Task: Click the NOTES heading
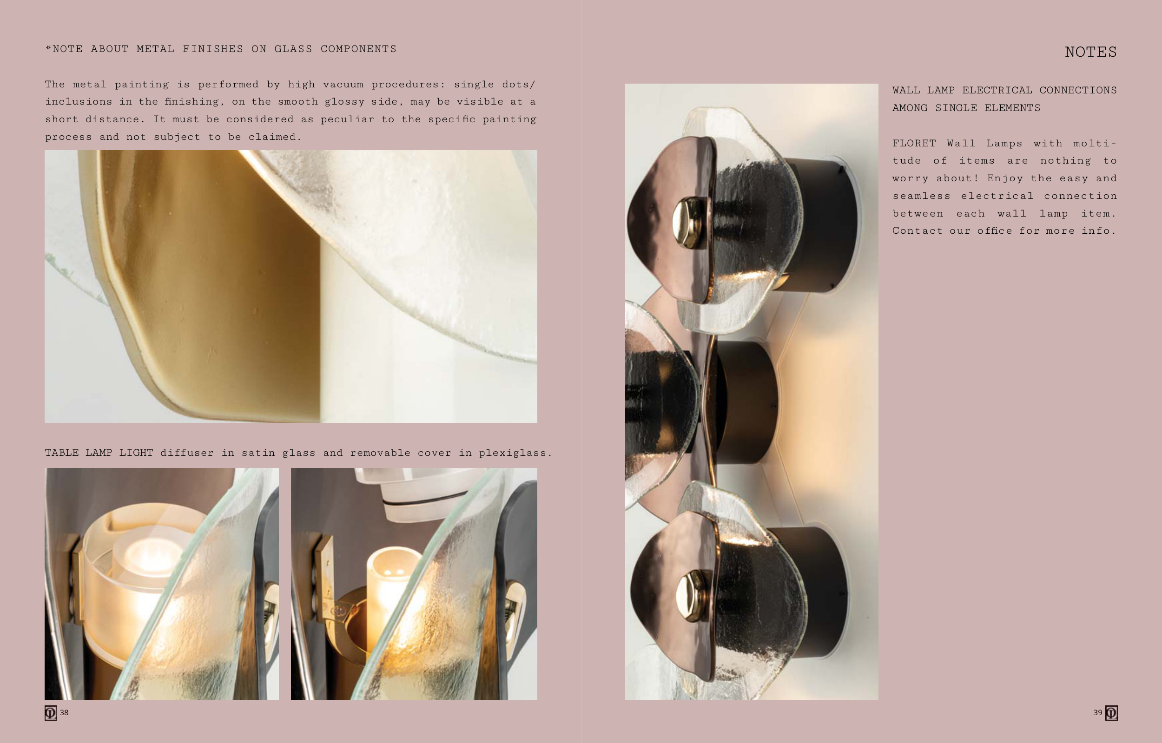click(1090, 52)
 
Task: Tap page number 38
click(64, 712)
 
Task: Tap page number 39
click(1098, 712)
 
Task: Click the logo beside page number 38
click(51, 713)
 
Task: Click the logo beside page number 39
click(1111, 713)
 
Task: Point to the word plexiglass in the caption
click(513, 453)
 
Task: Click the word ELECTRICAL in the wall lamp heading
click(997, 90)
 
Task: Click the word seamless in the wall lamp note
click(921, 196)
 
